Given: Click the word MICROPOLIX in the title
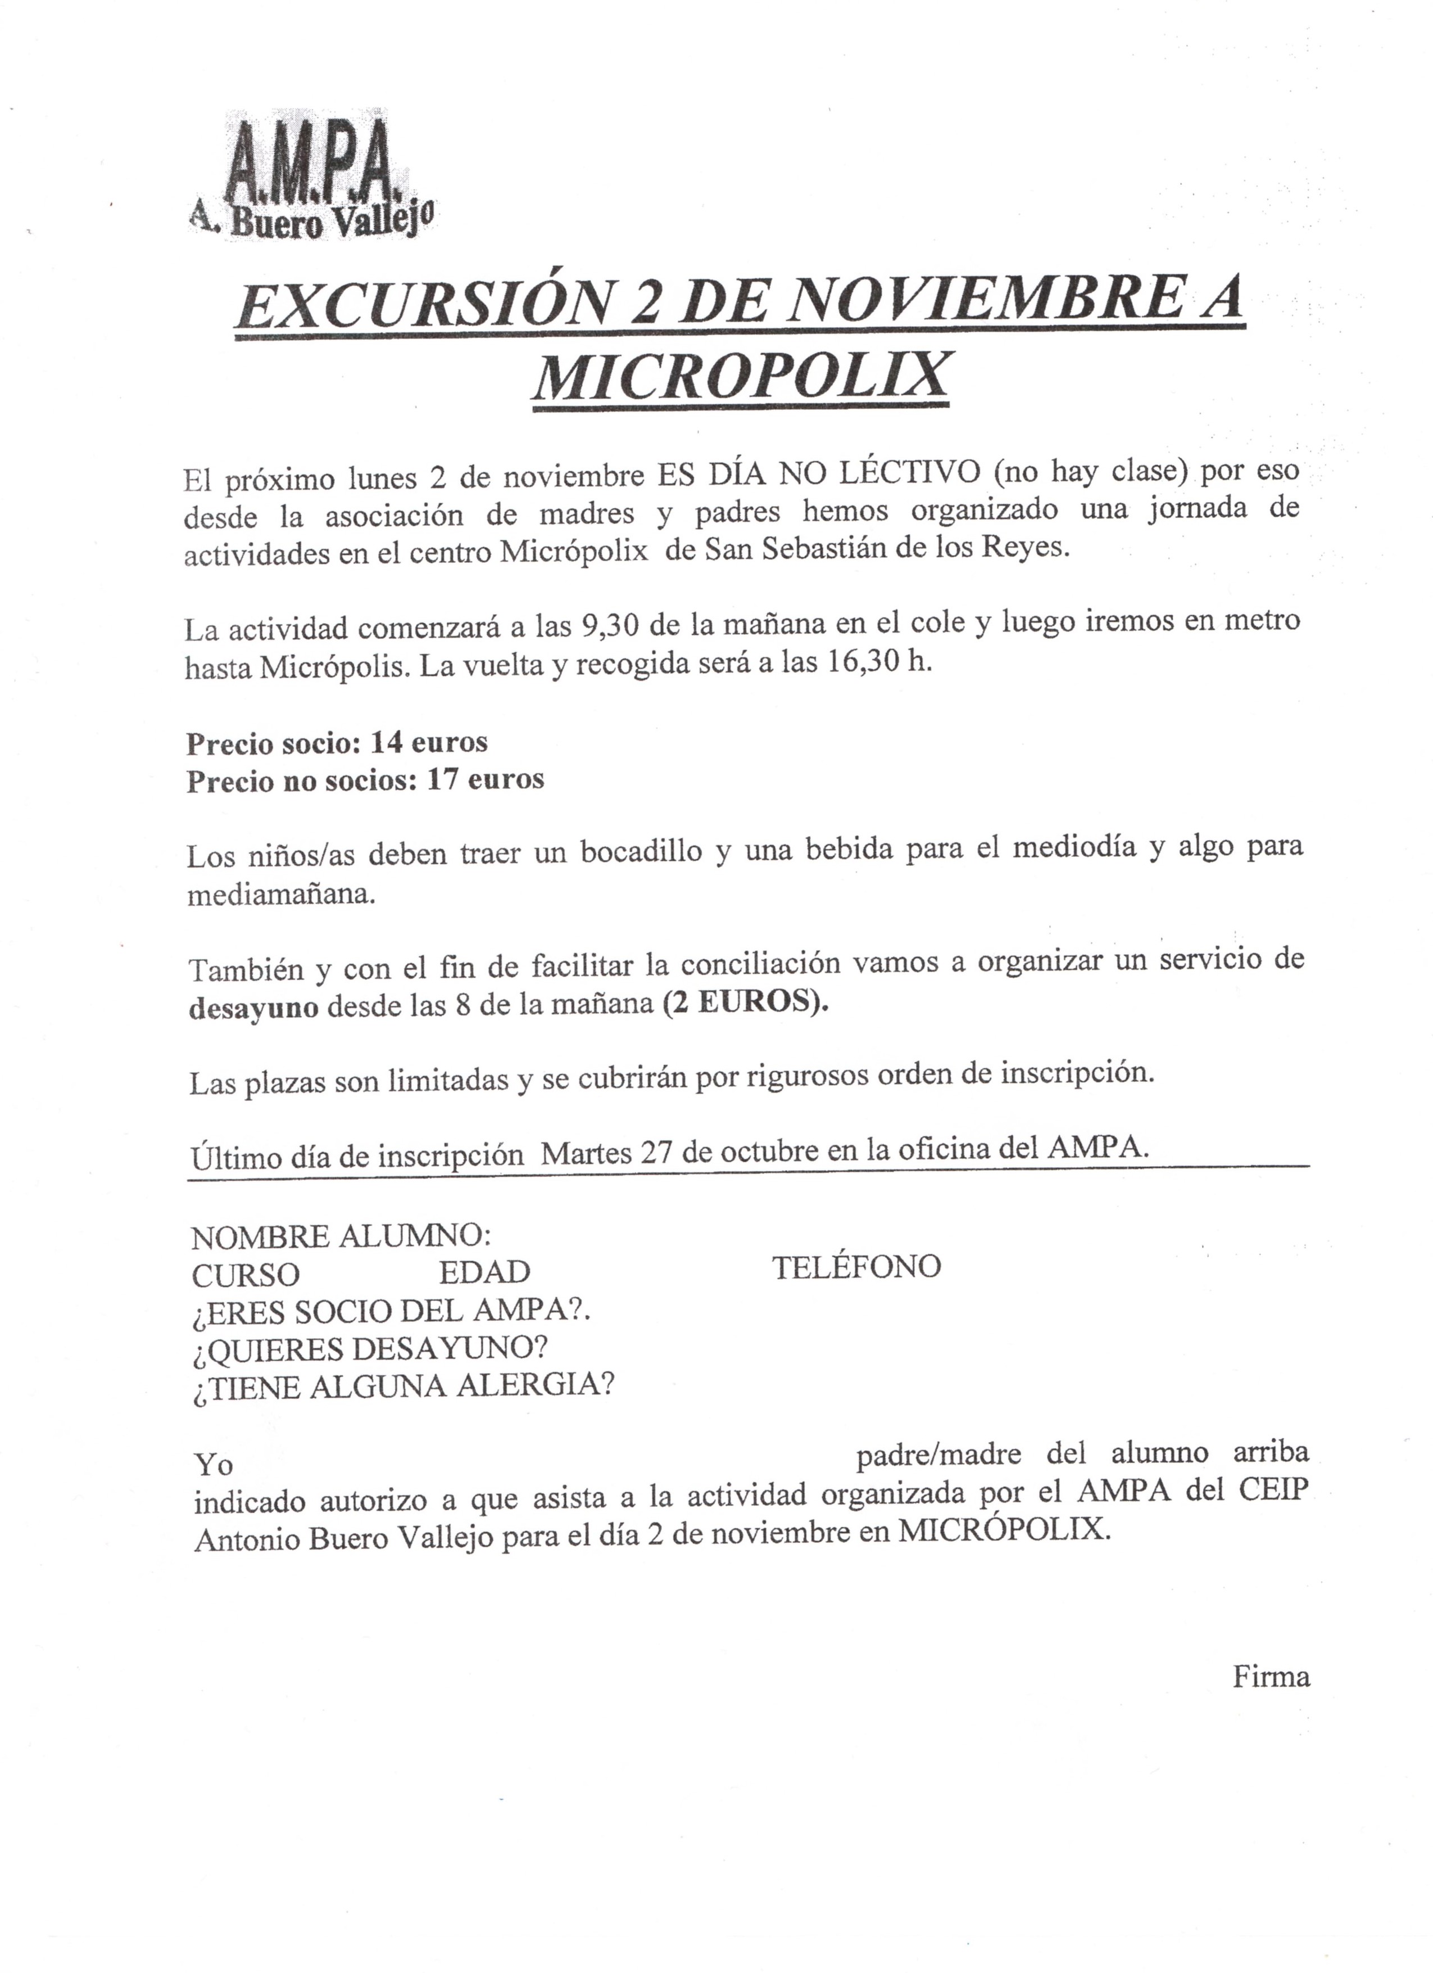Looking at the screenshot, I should [x=740, y=374].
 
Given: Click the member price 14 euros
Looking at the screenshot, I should [x=429, y=742].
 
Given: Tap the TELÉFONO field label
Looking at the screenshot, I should [x=856, y=1267].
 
